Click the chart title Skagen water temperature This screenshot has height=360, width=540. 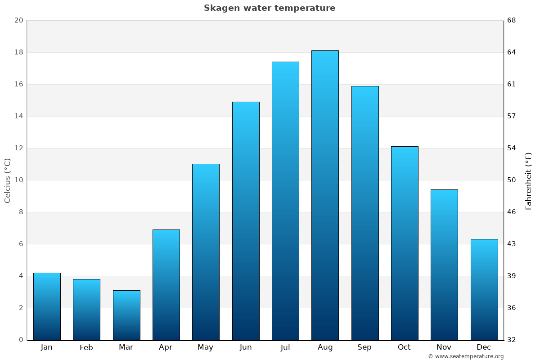(270, 8)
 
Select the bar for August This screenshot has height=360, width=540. (325, 195)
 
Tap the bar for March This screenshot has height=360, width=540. (126, 315)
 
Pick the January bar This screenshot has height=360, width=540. (47, 306)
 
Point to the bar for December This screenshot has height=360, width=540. (484, 289)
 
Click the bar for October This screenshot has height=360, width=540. (405, 243)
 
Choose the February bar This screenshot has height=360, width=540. (86, 309)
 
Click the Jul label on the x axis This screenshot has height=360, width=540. (285, 347)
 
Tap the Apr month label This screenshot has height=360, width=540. (166, 347)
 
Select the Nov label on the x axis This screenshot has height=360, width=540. (444, 347)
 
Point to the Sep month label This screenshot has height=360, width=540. (364, 347)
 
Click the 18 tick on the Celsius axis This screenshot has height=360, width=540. (18, 52)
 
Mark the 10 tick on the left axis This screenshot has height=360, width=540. (18, 180)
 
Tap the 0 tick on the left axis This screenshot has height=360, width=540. (21, 340)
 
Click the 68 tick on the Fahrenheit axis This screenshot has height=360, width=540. (512, 20)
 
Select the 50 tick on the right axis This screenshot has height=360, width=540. (512, 180)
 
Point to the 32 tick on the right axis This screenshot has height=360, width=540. (512, 340)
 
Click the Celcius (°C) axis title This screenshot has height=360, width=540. (8, 180)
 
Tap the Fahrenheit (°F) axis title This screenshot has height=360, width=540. (529, 181)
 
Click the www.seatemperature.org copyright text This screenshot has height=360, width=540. (466, 356)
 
